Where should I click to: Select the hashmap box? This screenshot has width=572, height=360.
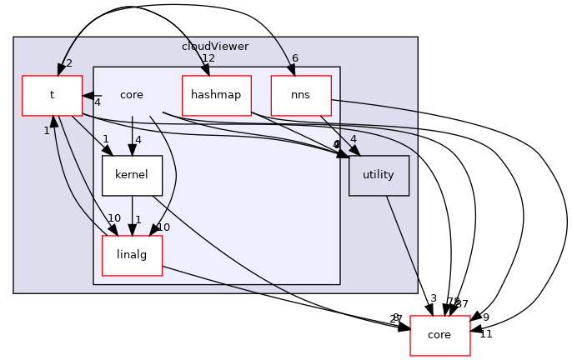click(216, 95)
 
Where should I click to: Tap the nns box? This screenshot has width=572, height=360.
click(301, 95)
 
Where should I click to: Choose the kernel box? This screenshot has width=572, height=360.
click(132, 176)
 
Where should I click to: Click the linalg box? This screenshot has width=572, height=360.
click(132, 255)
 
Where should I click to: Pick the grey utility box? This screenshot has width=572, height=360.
click(379, 176)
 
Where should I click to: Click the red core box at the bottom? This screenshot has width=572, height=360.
click(439, 335)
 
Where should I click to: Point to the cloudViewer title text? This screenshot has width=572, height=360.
click(215, 46)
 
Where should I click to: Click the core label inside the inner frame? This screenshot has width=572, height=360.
click(132, 95)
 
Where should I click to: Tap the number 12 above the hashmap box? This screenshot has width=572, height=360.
click(208, 58)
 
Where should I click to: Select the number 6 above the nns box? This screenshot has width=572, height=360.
click(294, 58)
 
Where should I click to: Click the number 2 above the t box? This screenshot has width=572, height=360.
click(68, 63)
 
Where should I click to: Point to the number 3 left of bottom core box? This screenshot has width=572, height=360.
click(433, 298)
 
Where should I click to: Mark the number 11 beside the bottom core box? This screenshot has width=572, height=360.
click(486, 333)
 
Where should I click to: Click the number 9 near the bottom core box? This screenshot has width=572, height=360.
click(486, 317)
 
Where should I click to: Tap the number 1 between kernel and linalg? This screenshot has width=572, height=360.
click(138, 219)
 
